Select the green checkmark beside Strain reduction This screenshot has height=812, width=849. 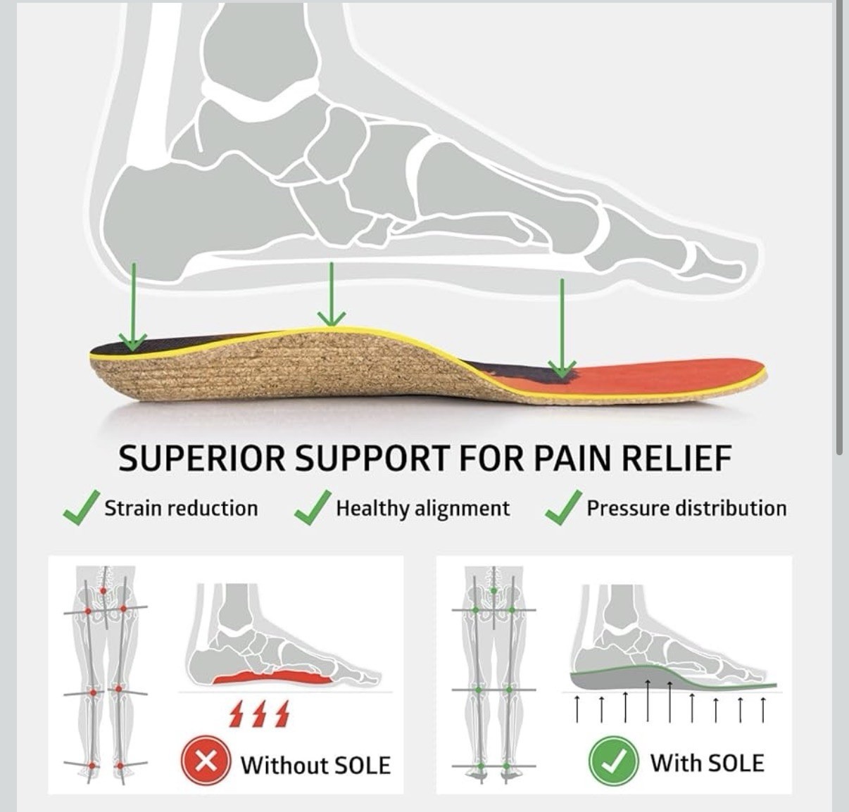click(80, 508)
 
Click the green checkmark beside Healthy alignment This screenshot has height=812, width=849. click(312, 508)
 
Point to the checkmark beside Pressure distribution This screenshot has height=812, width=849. click(563, 508)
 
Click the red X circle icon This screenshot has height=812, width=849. click(206, 762)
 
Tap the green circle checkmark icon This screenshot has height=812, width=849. click(613, 761)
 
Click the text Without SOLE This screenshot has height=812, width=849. click(315, 765)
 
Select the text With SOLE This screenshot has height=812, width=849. click(707, 763)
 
